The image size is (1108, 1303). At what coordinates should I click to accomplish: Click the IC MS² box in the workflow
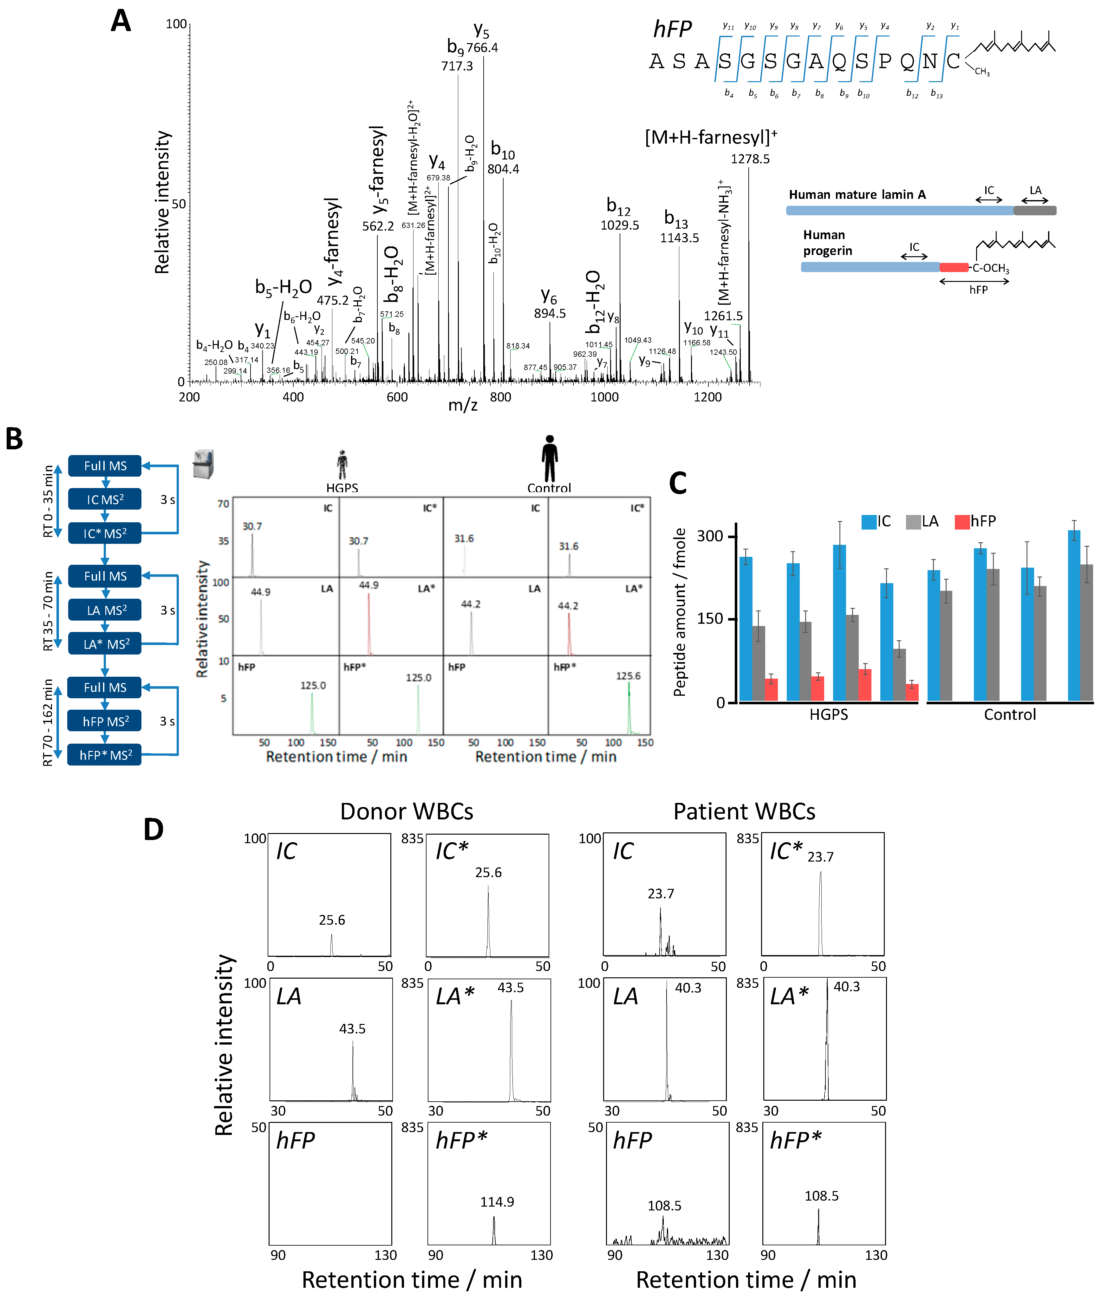105,499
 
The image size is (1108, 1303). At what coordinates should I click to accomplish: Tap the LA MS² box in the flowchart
105,610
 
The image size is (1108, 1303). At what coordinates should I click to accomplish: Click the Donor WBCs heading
407,811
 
